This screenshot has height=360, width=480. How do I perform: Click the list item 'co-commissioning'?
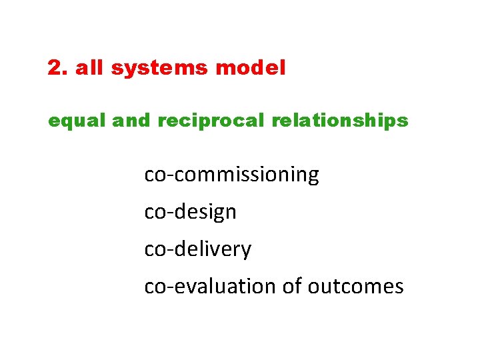click(x=231, y=175)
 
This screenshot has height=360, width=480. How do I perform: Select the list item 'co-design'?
click(x=190, y=212)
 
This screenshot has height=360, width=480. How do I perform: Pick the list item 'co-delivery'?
click(x=197, y=249)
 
